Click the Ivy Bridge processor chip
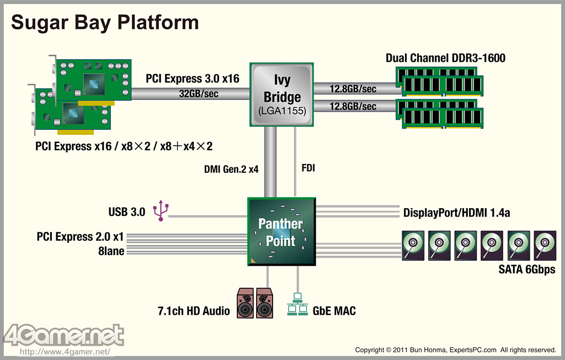click(x=282, y=94)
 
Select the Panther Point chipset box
click(x=281, y=231)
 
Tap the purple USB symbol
click(x=161, y=210)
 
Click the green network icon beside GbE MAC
click(x=297, y=304)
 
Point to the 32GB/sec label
click(x=199, y=94)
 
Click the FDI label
click(x=308, y=168)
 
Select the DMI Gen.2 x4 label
click(x=231, y=169)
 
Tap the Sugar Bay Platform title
click(x=105, y=23)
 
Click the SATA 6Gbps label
click(x=527, y=269)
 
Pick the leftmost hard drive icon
click(x=413, y=246)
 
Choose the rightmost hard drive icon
click(x=545, y=246)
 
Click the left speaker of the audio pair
click(x=246, y=303)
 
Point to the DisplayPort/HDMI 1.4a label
click(x=456, y=213)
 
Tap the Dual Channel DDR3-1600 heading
click(x=445, y=58)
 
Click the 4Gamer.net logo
click(x=64, y=336)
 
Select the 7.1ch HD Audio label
click(x=194, y=310)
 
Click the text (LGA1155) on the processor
click(x=282, y=111)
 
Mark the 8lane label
click(x=111, y=251)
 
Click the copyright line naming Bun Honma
click(x=455, y=350)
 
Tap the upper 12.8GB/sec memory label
click(x=353, y=89)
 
